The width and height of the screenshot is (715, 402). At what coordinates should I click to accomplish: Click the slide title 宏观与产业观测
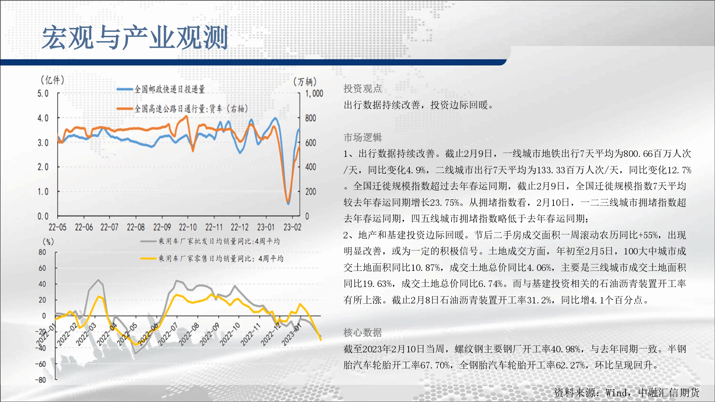135,37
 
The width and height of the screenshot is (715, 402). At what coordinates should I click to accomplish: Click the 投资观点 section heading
363,89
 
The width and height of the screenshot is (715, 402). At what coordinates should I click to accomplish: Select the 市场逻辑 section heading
363,137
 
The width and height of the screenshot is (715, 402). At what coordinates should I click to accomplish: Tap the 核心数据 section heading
363,333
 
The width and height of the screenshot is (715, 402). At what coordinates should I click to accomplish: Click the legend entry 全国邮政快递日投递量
161,89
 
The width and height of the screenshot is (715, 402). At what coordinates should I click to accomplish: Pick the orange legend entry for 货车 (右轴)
182,108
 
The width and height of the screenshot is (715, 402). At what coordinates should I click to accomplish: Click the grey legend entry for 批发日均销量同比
210,241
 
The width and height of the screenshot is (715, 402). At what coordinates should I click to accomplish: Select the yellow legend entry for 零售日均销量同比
212,258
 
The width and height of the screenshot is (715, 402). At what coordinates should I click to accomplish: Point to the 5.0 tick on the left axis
43,94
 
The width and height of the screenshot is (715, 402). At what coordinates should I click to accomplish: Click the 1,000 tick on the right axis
314,94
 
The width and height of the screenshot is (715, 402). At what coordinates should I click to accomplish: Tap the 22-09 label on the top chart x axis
162,227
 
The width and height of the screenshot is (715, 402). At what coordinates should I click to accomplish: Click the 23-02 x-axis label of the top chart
292,227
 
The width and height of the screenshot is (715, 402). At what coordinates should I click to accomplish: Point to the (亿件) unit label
53,80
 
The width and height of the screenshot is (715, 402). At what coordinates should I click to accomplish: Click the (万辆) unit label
305,82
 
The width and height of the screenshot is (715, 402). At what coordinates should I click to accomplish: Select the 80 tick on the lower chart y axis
42,252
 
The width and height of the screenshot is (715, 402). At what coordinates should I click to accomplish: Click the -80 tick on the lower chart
41,380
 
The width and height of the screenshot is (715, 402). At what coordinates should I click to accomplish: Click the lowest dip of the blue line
288,204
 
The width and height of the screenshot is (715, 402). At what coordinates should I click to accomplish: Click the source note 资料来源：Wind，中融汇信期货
627,393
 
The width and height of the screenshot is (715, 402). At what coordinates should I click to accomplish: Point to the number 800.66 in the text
638,154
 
